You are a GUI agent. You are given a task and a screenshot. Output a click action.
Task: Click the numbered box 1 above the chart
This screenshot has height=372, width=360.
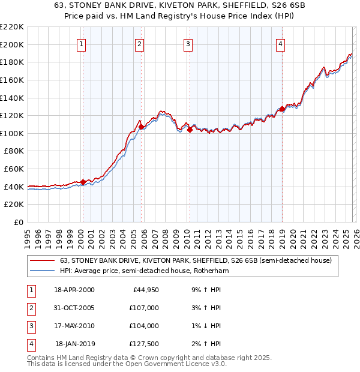[x=81, y=43]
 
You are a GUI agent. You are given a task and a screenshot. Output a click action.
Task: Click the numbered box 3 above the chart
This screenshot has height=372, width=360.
[x=188, y=43]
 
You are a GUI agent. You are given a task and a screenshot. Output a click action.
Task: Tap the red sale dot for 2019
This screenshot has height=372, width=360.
[x=281, y=109]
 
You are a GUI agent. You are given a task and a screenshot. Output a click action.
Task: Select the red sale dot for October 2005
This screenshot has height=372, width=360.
[x=141, y=127]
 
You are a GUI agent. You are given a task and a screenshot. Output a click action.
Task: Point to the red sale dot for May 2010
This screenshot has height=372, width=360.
[x=189, y=130]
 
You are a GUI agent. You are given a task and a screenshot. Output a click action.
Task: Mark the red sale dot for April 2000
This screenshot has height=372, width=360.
[x=83, y=182]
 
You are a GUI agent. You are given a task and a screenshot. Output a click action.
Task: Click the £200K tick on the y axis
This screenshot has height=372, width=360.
[x=12, y=44]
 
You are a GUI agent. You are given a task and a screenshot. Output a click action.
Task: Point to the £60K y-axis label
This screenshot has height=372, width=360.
[x=14, y=169]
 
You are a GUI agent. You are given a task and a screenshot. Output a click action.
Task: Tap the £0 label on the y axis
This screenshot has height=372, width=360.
[x=18, y=223]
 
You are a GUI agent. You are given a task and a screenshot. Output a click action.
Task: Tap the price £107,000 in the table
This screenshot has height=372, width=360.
[x=144, y=307]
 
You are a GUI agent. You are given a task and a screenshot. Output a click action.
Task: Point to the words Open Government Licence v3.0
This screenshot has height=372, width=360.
[x=170, y=364]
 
